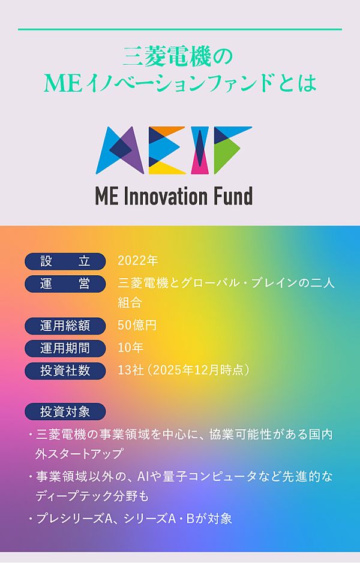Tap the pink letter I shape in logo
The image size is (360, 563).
click(200, 157)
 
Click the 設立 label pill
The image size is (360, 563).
click(65, 261)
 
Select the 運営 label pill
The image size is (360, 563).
click(65, 284)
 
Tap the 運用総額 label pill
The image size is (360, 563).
click(65, 326)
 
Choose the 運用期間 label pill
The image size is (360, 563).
click(65, 348)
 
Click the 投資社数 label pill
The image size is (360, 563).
click(65, 371)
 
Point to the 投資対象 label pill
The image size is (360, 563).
click(65, 411)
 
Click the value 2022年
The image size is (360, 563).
click(137, 261)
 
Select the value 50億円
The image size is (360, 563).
click(137, 326)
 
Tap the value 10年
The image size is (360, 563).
click(130, 348)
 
